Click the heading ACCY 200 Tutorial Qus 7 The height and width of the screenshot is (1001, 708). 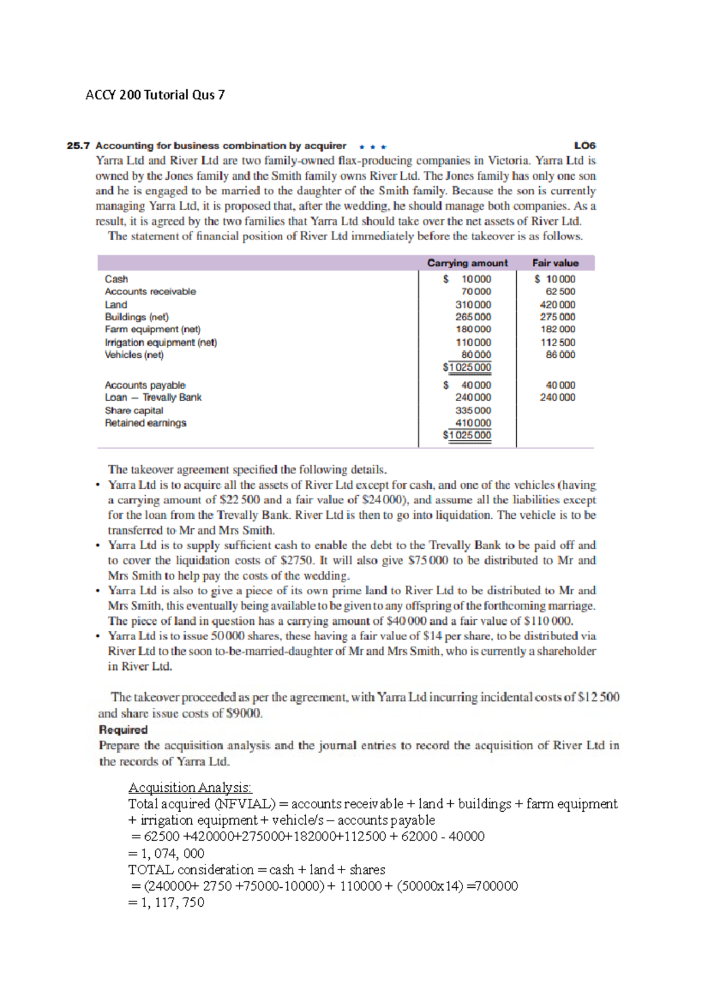(x=155, y=95)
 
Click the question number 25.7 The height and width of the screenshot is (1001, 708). (x=78, y=146)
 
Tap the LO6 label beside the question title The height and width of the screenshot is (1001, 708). (x=585, y=146)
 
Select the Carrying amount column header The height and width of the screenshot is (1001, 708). (x=467, y=263)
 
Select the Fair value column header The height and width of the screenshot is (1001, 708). (x=555, y=263)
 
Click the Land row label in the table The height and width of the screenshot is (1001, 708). (x=116, y=305)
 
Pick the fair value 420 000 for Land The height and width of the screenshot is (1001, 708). (x=557, y=305)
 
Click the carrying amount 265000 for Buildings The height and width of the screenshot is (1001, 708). (x=473, y=317)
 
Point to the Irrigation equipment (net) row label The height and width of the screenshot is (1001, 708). (x=160, y=343)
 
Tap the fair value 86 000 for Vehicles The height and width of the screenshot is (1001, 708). (x=560, y=355)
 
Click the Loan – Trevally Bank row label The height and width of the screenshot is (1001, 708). (x=153, y=397)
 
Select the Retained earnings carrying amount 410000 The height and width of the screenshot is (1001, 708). (x=473, y=423)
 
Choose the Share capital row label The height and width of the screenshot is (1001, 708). (x=134, y=410)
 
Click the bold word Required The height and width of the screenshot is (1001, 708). (x=123, y=730)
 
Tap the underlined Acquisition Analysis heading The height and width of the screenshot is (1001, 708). (x=190, y=788)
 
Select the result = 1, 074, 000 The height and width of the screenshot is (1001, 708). (x=166, y=854)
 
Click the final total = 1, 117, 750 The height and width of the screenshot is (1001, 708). (x=166, y=903)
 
